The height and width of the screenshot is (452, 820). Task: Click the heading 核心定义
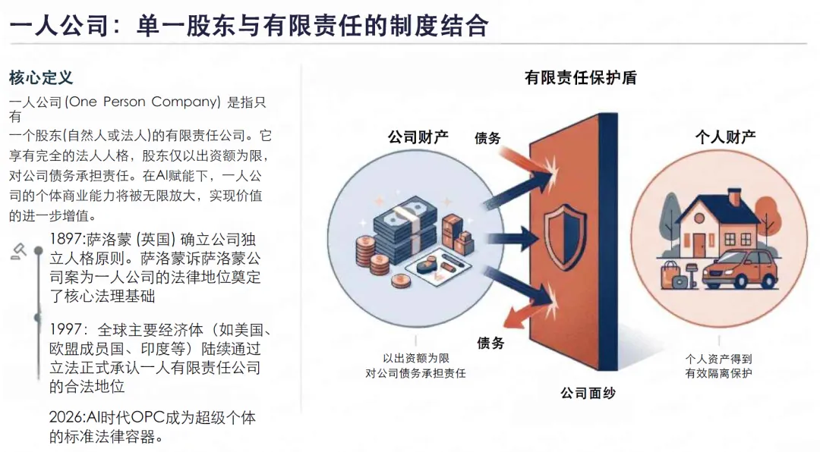tap(41, 78)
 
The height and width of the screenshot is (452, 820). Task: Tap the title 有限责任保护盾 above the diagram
tap(581, 78)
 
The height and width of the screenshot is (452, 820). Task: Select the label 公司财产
tap(418, 137)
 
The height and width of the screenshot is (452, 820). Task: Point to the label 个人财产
tap(725, 137)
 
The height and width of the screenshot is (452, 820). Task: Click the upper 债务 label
tap(488, 138)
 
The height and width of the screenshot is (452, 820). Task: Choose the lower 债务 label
tap(490, 343)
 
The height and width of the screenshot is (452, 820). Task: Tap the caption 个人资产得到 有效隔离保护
tap(718, 366)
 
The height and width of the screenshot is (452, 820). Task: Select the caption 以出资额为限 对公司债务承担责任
tap(415, 366)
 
